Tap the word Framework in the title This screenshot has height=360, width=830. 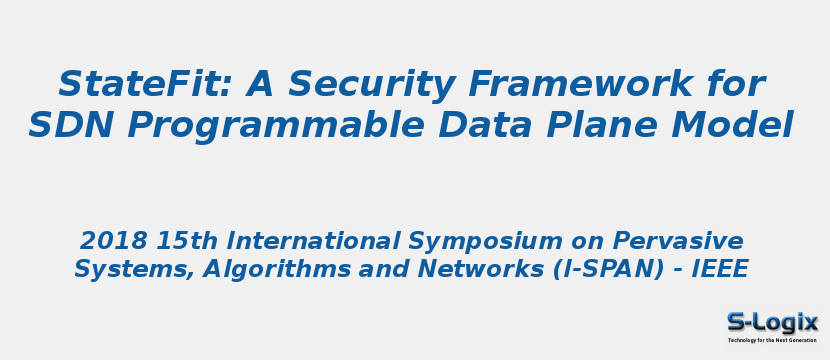603,84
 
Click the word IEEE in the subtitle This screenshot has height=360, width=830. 720,269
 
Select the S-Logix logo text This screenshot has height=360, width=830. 772,323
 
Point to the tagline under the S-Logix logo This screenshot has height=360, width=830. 772,340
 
